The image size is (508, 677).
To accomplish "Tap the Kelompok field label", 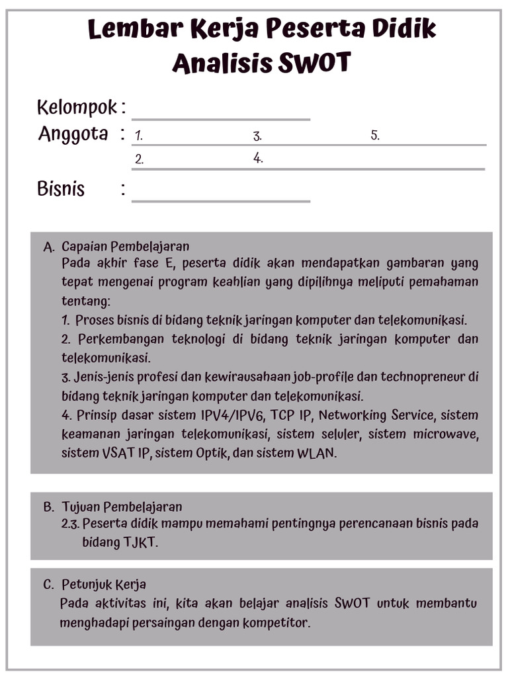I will pyautogui.click(x=77, y=106).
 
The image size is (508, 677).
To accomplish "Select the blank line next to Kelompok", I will pyautogui.click(x=221, y=112).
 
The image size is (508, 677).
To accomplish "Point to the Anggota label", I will pyautogui.click(x=73, y=134).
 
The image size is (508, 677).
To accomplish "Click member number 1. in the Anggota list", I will pyautogui.click(x=139, y=136).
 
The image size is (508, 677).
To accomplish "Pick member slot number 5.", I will pyautogui.click(x=375, y=136).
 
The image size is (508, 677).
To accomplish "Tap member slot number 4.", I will pyautogui.click(x=258, y=159).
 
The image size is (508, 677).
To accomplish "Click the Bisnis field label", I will pyautogui.click(x=61, y=189).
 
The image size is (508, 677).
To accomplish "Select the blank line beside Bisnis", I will pyautogui.click(x=221, y=194).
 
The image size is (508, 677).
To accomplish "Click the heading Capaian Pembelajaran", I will pyautogui.click(x=126, y=247).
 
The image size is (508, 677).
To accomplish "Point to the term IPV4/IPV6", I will pyautogui.click(x=225, y=416).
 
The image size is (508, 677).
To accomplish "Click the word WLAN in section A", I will pyautogui.click(x=318, y=454).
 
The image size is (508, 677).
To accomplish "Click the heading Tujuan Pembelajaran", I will pyautogui.click(x=122, y=507).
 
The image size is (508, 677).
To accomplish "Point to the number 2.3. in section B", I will pyautogui.click(x=69, y=524).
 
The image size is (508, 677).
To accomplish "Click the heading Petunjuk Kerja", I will pyautogui.click(x=104, y=584).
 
